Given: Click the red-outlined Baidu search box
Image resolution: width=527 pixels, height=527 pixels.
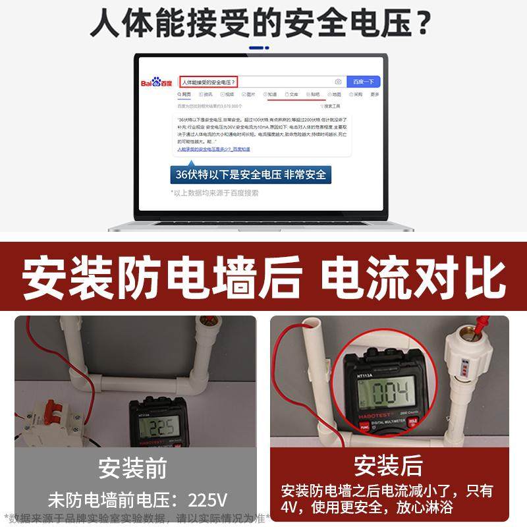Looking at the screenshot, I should coord(208,82).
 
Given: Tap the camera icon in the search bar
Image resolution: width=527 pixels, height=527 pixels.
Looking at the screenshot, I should coord(338,82).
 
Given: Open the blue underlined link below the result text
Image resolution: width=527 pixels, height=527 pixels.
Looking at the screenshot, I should coord(213,150).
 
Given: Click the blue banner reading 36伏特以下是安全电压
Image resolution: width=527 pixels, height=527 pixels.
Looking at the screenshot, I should coord(250,175).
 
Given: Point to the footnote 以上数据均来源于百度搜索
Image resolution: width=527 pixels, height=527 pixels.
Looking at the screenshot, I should coord(215,193).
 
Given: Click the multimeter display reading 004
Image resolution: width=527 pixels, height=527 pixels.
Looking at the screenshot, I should coord(389,393).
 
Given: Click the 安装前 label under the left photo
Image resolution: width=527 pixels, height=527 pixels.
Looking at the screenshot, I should coord(132,469).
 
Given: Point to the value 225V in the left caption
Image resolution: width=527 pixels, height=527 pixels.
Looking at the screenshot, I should coord(209,499).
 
